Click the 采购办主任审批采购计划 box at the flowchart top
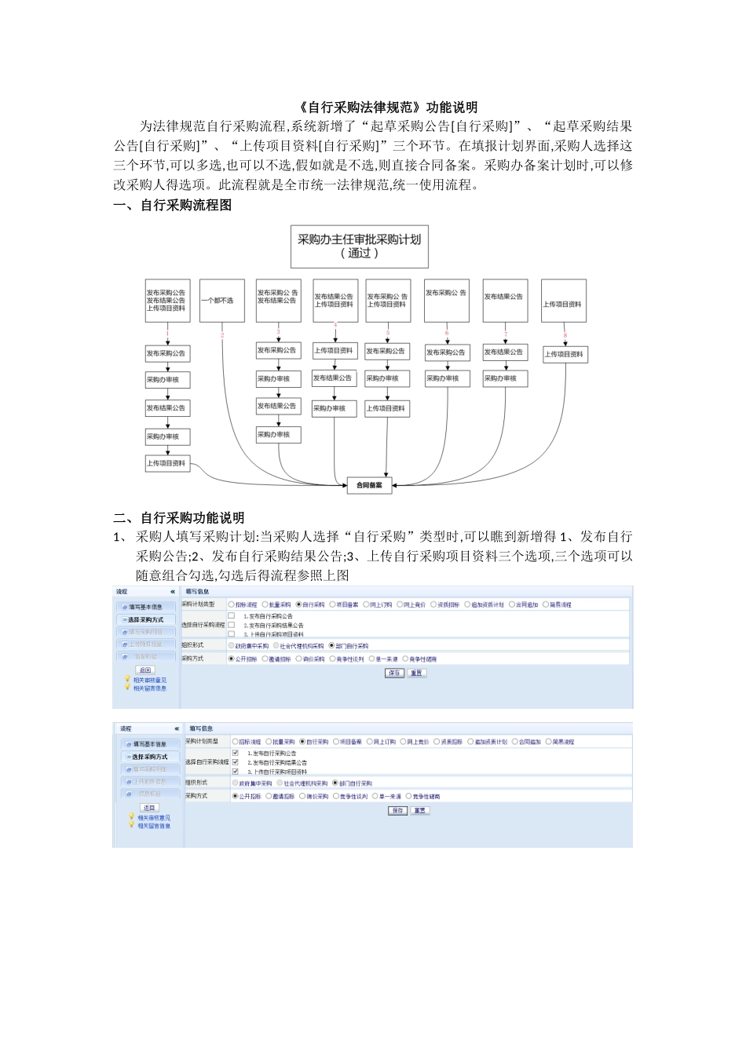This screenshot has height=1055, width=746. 359,246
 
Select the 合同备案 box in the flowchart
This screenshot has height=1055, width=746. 369,485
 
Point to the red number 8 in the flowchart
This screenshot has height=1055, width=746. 565,335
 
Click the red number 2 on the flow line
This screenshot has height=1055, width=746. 222,335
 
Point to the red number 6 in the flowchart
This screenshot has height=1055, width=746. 447,333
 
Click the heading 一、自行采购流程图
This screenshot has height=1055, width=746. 173,206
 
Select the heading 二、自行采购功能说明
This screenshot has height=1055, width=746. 179,518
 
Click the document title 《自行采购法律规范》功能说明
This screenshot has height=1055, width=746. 388,108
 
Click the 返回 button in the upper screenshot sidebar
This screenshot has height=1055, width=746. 145,670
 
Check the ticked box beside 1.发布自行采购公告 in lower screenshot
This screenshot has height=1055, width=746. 235,753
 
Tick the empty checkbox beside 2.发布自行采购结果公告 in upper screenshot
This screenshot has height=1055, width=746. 232,625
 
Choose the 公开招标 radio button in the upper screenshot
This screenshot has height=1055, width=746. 232,659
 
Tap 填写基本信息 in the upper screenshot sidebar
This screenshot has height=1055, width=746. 145,607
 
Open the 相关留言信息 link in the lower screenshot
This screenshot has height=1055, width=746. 153,826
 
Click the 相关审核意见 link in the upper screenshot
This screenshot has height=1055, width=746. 149,680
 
